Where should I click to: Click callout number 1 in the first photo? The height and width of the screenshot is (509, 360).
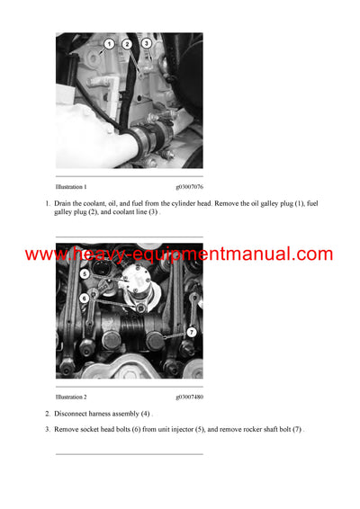pos(109,43)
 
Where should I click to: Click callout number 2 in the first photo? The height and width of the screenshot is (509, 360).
pos(127,43)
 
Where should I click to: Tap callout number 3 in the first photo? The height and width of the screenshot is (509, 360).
pos(147,42)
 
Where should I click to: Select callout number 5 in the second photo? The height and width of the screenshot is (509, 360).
pos(85,273)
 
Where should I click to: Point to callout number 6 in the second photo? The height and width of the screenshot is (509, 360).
pos(84,298)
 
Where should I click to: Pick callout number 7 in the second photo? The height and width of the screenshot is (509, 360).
pos(191,332)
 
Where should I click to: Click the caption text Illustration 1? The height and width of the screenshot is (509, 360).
pos(71,186)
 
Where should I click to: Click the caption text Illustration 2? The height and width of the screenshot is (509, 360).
pos(71,397)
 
